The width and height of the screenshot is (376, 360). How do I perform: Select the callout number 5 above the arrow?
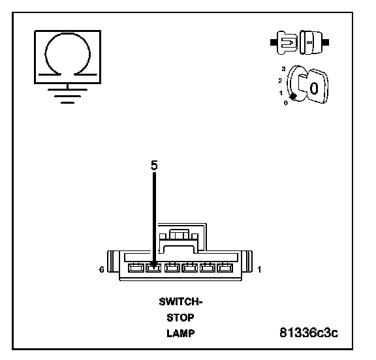click(154, 165)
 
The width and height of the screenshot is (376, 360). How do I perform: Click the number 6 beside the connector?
click(102, 269)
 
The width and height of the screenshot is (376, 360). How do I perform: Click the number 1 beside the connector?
click(259, 270)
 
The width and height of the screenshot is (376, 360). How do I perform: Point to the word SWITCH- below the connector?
click(181, 302)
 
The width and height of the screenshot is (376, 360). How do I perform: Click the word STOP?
click(180, 318)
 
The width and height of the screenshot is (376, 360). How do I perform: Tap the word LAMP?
click(181, 333)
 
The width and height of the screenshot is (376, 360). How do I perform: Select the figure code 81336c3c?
click(309, 333)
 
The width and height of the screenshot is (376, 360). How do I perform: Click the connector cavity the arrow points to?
click(153, 268)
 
